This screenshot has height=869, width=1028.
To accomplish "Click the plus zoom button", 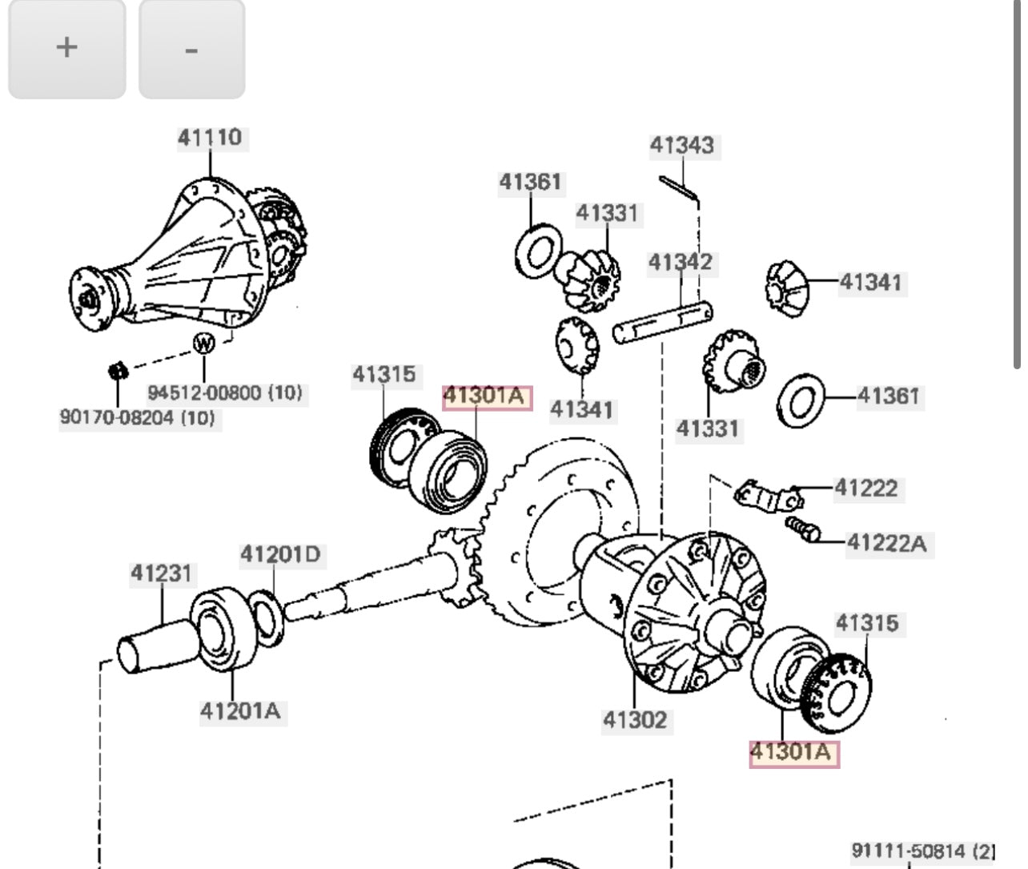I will pyautogui.click(x=66, y=49).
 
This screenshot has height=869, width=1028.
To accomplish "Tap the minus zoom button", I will pyautogui.click(x=191, y=49).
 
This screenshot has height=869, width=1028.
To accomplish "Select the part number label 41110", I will pyautogui.click(x=209, y=138).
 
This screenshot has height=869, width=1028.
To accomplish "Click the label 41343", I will pyautogui.click(x=681, y=146).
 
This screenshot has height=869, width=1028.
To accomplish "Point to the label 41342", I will pyautogui.click(x=680, y=263).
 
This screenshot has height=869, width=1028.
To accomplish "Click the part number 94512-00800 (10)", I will pyautogui.click(x=225, y=393).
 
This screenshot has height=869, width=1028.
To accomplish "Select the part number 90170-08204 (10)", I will pyautogui.click(x=137, y=418).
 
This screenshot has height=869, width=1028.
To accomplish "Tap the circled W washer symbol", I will pyautogui.click(x=204, y=344).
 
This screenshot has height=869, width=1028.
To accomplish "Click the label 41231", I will pyautogui.click(x=162, y=573).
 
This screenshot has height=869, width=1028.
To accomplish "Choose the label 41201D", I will pyautogui.click(x=280, y=554).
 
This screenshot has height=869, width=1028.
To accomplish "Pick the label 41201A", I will pyautogui.click(x=240, y=710).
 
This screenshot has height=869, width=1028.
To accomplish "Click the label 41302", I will pyautogui.click(x=634, y=720).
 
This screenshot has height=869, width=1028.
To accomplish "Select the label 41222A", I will pyautogui.click(x=886, y=544).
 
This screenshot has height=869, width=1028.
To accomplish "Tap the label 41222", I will pyautogui.click(x=865, y=488).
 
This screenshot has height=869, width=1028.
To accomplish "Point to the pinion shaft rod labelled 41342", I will pyautogui.click(x=663, y=321).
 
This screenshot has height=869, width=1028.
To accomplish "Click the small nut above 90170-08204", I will pyautogui.click(x=118, y=371).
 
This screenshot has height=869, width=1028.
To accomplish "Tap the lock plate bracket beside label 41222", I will pyautogui.click(x=766, y=495).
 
